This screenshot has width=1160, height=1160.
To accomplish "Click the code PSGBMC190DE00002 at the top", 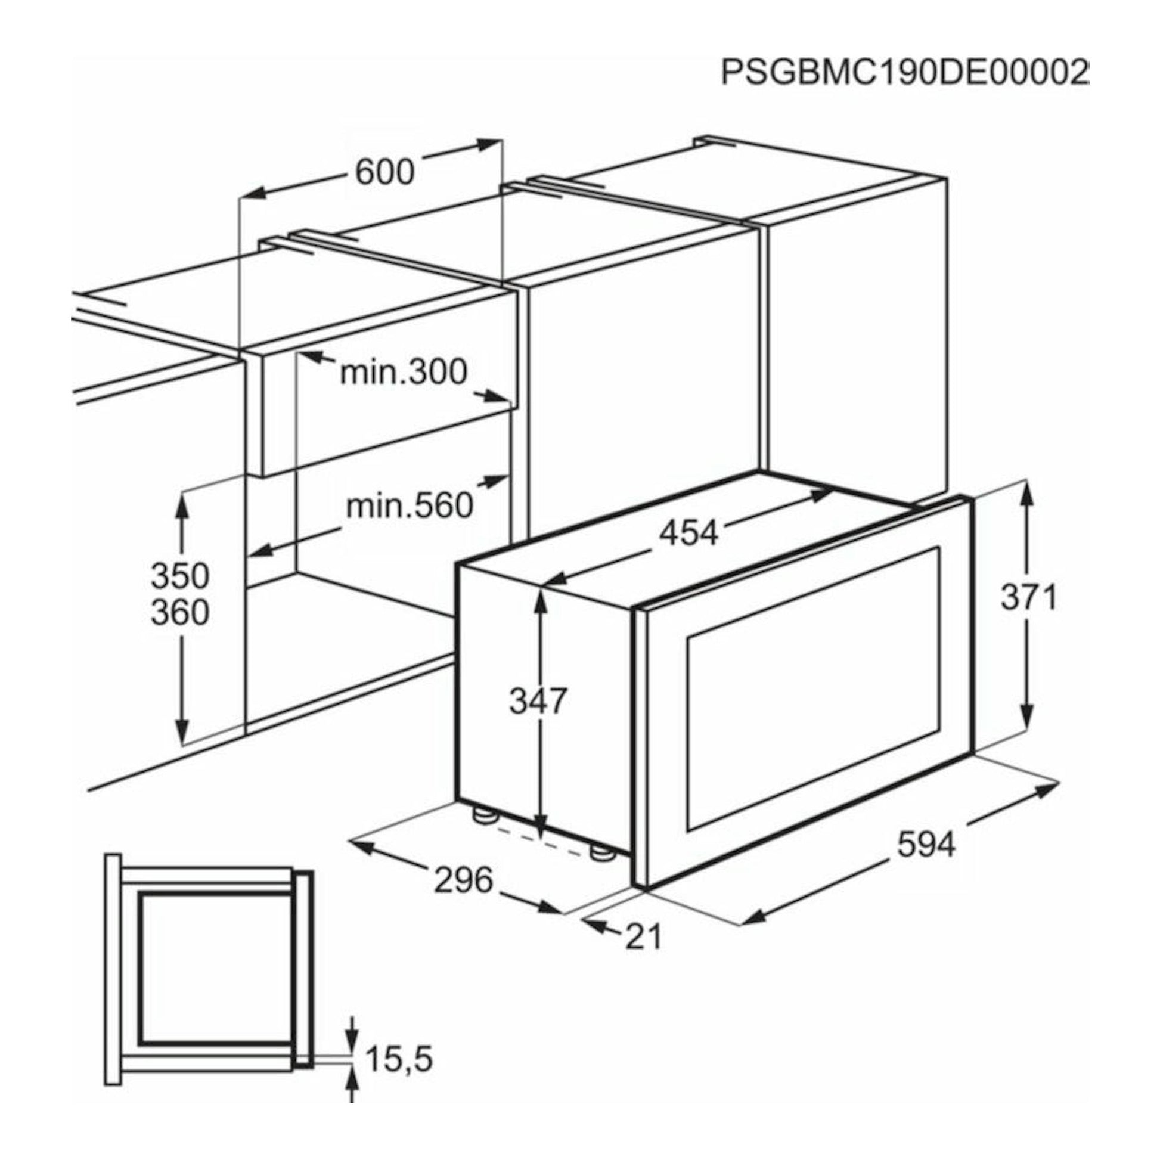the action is pos(904,73).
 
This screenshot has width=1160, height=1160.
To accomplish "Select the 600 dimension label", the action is pos(385,172).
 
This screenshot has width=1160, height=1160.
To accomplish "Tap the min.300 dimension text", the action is pos(404,371).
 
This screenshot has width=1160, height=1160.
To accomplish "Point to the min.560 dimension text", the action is pos(410,505).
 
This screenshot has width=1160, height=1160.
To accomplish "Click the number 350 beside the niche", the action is pos(180,575).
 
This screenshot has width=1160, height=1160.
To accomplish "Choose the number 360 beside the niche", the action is pos(180,612).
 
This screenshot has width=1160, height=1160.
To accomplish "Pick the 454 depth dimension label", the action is pos(688,532).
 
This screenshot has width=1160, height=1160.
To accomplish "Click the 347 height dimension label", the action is pos(538,700).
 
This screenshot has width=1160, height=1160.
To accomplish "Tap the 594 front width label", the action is pos(926,845).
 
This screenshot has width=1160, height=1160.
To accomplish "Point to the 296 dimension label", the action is pos(464,880).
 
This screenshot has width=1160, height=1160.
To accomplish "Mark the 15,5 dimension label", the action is pos(399,1059).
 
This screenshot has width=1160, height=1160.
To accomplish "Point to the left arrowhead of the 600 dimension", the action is pos(255,191).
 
